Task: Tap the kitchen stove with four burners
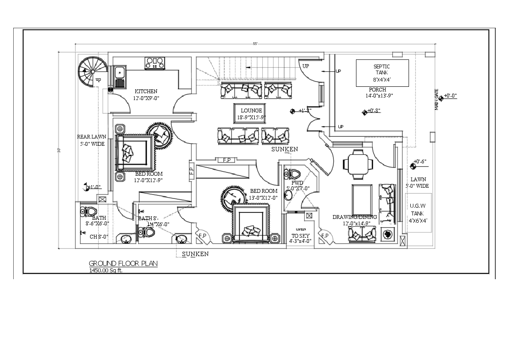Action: (x=155, y=63)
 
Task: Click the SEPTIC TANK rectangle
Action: (x=382, y=73)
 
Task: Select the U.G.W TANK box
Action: (x=418, y=213)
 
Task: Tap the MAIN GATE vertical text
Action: (x=436, y=100)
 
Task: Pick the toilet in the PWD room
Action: (x=294, y=174)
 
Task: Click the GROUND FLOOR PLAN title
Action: (x=123, y=263)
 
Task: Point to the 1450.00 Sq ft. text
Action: (x=106, y=271)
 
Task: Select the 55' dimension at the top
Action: (x=255, y=43)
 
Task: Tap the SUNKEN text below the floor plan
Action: (x=195, y=254)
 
